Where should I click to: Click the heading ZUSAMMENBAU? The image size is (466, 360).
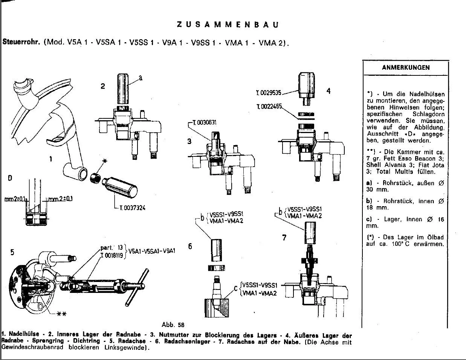pyautogui.click(x=228, y=25)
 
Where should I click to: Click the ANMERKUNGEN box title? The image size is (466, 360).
pyautogui.click(x=405, y=68)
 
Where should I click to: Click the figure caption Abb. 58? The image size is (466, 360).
pyautogui.click(x=173, y=325)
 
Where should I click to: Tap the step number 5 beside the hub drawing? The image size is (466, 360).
pyautogui.click(x=12, y=252)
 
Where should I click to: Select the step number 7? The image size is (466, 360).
pyautogui.click(x=284, y=237)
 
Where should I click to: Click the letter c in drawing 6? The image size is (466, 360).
pyautogui.click(x=235, y=288)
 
